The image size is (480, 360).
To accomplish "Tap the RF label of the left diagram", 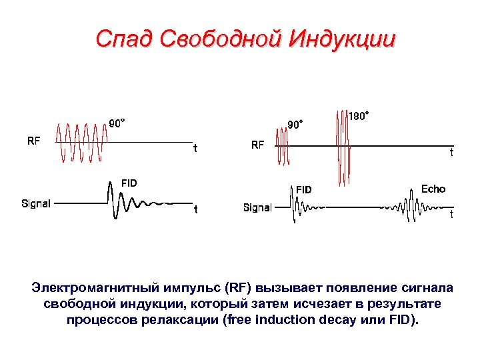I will (x=33, y=141).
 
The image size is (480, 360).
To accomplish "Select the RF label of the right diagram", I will (x=257, y=143).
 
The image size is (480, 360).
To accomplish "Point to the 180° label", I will (x=359, y=116).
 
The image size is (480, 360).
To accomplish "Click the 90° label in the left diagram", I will (x=117, y=123).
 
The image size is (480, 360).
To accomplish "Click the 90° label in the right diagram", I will (x=295, y=124).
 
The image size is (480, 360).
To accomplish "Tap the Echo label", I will (x=433, y=189).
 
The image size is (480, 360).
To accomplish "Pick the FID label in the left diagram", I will (x=129, y=183).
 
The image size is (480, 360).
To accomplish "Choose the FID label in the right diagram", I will (x=303, y=190).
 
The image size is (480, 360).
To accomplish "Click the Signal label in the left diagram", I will (x=36, y=203).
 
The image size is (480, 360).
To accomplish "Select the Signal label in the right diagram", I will (x=257, y=207).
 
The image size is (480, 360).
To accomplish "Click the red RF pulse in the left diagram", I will (x=81, y=142).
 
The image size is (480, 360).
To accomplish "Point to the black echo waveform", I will (x=405, y=207).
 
